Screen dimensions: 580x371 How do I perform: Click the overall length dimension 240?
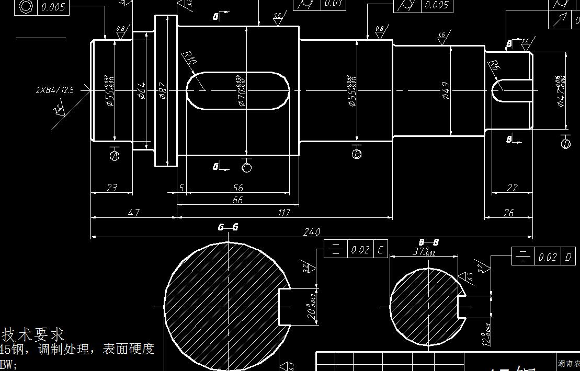tap(311, 232)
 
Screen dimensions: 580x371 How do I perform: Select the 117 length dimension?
tap(284, 213)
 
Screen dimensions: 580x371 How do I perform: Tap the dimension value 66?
tap(237, 200)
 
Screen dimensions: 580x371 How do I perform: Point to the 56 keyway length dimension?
tap(237, 188)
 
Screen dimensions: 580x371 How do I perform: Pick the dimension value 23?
tap(111, 188)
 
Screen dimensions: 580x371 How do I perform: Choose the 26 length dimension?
tap(508, 213)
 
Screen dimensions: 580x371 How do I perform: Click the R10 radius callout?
tap(189, 59)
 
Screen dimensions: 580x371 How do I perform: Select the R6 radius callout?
tap(494, 65)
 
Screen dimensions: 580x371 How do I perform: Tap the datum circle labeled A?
tap(115, 156)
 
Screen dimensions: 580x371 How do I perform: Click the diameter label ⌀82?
tap(163, 90)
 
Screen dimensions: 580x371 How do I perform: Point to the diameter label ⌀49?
tap(446, 90)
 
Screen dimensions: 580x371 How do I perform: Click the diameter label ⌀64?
tap(142, 90)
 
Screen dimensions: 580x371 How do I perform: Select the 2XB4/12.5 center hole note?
tap(55, 90)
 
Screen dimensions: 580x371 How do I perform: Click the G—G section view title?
tap(228, 227)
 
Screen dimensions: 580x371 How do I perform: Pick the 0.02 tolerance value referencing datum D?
tap(548, 257)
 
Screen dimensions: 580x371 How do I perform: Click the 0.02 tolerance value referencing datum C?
tap(360, 250)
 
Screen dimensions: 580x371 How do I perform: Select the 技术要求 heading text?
tap(33, 334)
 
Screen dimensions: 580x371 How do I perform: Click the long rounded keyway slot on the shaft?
tap(238, 90)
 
